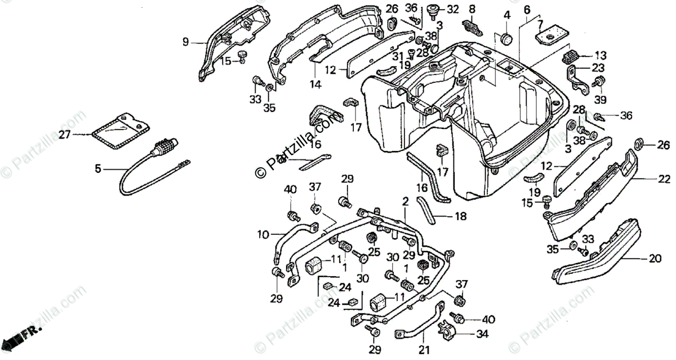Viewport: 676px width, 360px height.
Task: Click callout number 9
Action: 185,41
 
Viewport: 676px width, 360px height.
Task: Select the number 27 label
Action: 81,134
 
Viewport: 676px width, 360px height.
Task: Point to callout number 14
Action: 314,85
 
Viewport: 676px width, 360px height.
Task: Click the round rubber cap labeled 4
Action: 506,39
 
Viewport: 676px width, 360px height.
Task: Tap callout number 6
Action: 527,9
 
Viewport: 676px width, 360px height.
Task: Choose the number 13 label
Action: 601,55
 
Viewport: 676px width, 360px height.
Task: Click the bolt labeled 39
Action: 599,83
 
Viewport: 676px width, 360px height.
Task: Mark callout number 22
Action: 664,179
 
